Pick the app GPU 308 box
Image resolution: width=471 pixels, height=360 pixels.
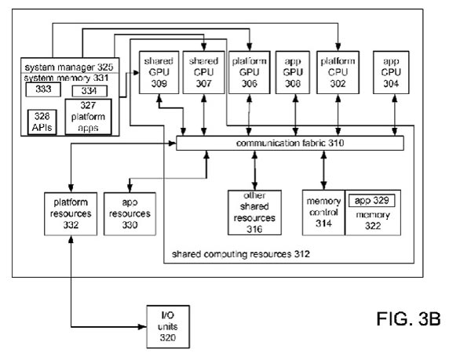(294, 71)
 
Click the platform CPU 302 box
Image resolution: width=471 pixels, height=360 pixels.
(338, 71)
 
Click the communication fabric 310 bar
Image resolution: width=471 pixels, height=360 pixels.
(290, 144)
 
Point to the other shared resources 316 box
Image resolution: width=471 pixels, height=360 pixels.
(253, 212)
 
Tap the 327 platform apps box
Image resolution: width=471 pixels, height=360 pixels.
(89, 116)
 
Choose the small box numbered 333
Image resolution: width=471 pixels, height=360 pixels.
(38, 91)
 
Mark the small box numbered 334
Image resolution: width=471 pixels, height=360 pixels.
(89, 92)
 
